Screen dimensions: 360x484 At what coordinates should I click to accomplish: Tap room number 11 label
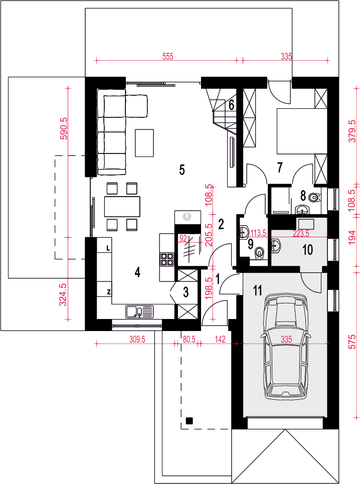pyautogui.click(x=257, y=290)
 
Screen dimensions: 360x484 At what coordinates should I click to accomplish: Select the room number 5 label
pyautogui.click(x=182, y=170)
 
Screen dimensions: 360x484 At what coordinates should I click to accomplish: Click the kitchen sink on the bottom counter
pyautogui.click(x=139, y=311)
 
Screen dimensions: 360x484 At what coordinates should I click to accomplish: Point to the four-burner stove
pyautogui.click(x=166, y=259)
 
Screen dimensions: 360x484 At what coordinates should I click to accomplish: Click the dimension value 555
pyautogui.click(x=168, y=57)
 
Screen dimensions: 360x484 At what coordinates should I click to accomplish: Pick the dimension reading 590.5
pyautogui.click(x=65, y=128)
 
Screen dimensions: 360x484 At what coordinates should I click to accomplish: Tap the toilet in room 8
pyautogui.click(x=314, y=197)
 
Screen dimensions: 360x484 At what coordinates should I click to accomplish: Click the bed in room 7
pyautogui.click(x=302, y=131)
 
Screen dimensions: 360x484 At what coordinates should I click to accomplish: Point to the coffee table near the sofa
pyautogui.click(x=144, y=143)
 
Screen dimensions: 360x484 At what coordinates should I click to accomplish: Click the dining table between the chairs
pyautogui.click(x=122, y=207)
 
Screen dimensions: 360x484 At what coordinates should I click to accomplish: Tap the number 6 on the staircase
pyautogui.click(x=231, y=105)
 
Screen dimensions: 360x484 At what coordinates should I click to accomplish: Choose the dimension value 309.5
pyautogui.click(x=137, y=340)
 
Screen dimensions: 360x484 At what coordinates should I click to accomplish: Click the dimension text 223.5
pyautogui.click(x=300, y=234)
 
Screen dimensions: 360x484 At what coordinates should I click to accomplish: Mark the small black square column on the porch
pyautogui.click(x=189, y=420)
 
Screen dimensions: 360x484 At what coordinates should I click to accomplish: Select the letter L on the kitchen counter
pyautogui.click(x=108, y=248)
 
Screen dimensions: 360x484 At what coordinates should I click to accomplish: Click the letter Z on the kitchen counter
pyautogui.click(x=109, y=292)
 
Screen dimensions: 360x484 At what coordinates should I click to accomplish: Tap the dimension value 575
pyautogui.click(x=352, y=341)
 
